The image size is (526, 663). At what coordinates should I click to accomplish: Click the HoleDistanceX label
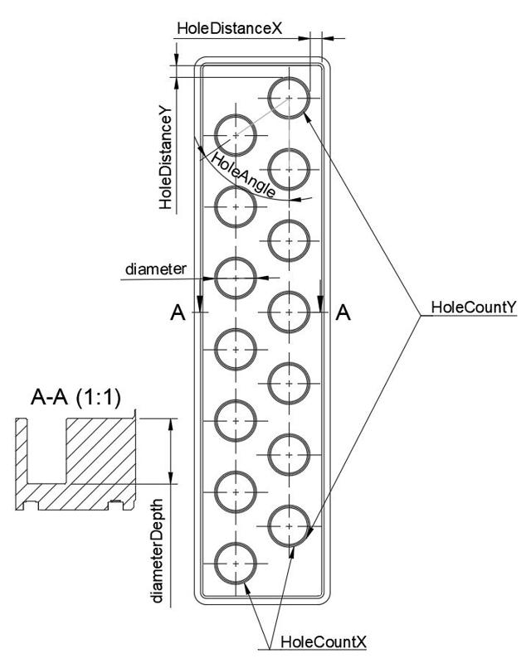(x=230, y=28)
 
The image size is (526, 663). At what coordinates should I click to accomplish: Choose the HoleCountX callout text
(x=324, y=642)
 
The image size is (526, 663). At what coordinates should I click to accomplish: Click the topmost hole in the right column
(x=289, y=98)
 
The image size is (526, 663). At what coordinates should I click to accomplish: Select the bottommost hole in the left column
(x=236, y=563)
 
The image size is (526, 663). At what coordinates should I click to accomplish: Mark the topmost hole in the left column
(x=236, y=133)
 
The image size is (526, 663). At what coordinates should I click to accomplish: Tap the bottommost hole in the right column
(x=289, y=525)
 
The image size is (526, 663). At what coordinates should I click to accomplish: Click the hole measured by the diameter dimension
(x=236, y=276)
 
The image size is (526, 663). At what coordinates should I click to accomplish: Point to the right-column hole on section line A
(x=289, y=312)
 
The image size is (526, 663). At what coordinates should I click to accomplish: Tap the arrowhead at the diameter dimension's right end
(x=262, y=277)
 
